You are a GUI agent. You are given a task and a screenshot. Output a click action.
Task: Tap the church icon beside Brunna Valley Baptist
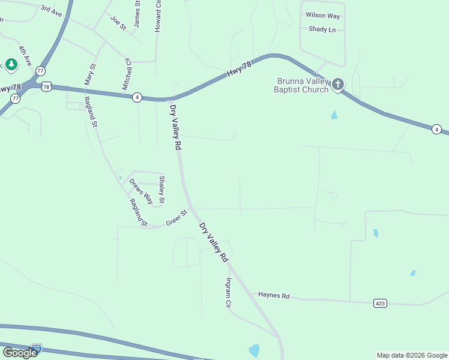(338, 84)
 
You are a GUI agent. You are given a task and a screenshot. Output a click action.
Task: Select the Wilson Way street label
(322, 15)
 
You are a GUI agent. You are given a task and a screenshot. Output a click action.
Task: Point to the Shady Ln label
(322, 29)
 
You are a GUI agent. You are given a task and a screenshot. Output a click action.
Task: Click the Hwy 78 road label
(238, 70)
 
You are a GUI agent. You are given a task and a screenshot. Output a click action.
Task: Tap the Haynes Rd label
(274, 295)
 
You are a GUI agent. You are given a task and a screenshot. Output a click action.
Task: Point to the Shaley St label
(161, 189)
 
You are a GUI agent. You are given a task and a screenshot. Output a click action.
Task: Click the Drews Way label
(141, 191)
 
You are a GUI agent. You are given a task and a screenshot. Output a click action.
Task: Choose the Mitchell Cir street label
(127, 74)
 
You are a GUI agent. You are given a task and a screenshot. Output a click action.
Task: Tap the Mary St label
(90, 74)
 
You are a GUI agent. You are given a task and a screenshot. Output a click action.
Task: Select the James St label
(137, 13)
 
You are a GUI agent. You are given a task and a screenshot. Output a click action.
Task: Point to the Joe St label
(118, 23)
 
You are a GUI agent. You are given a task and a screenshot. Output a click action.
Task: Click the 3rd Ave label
(51, 10)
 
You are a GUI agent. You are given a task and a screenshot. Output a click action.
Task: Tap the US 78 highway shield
(47, 86)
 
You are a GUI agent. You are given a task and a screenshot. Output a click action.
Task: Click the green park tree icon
(11, 64)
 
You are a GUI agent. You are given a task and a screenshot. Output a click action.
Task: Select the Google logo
(20, 353)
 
